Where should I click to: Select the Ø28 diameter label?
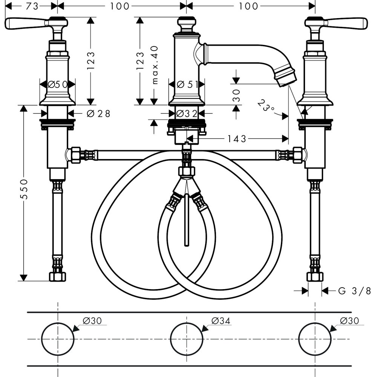[x=98, y=113]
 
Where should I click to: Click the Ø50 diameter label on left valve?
[x=57, y=84]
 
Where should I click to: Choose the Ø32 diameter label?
[x=187, y=113]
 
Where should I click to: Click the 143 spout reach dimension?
[x=236, y=139]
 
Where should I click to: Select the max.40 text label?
[x=155, y=64]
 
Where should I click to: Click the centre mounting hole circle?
[x=186, y=339]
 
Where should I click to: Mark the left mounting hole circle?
[x=57, y=339]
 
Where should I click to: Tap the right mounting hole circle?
[x=315, y=339]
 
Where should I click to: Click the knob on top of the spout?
[x=187, y=23]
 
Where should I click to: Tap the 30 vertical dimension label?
[x=236, y=94]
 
